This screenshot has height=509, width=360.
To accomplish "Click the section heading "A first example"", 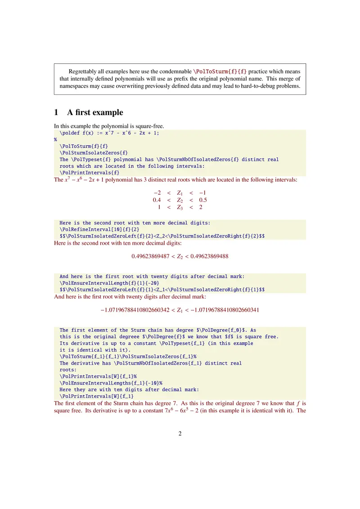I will (x=95, y=112).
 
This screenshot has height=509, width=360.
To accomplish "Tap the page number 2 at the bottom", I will (x=180, y=433).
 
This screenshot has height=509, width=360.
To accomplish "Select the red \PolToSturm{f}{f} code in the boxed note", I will (x=220, y=71).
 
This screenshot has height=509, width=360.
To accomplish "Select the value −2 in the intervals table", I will (x=157, y=192).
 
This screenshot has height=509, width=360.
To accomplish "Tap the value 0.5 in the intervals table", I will (x=202, y=200).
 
